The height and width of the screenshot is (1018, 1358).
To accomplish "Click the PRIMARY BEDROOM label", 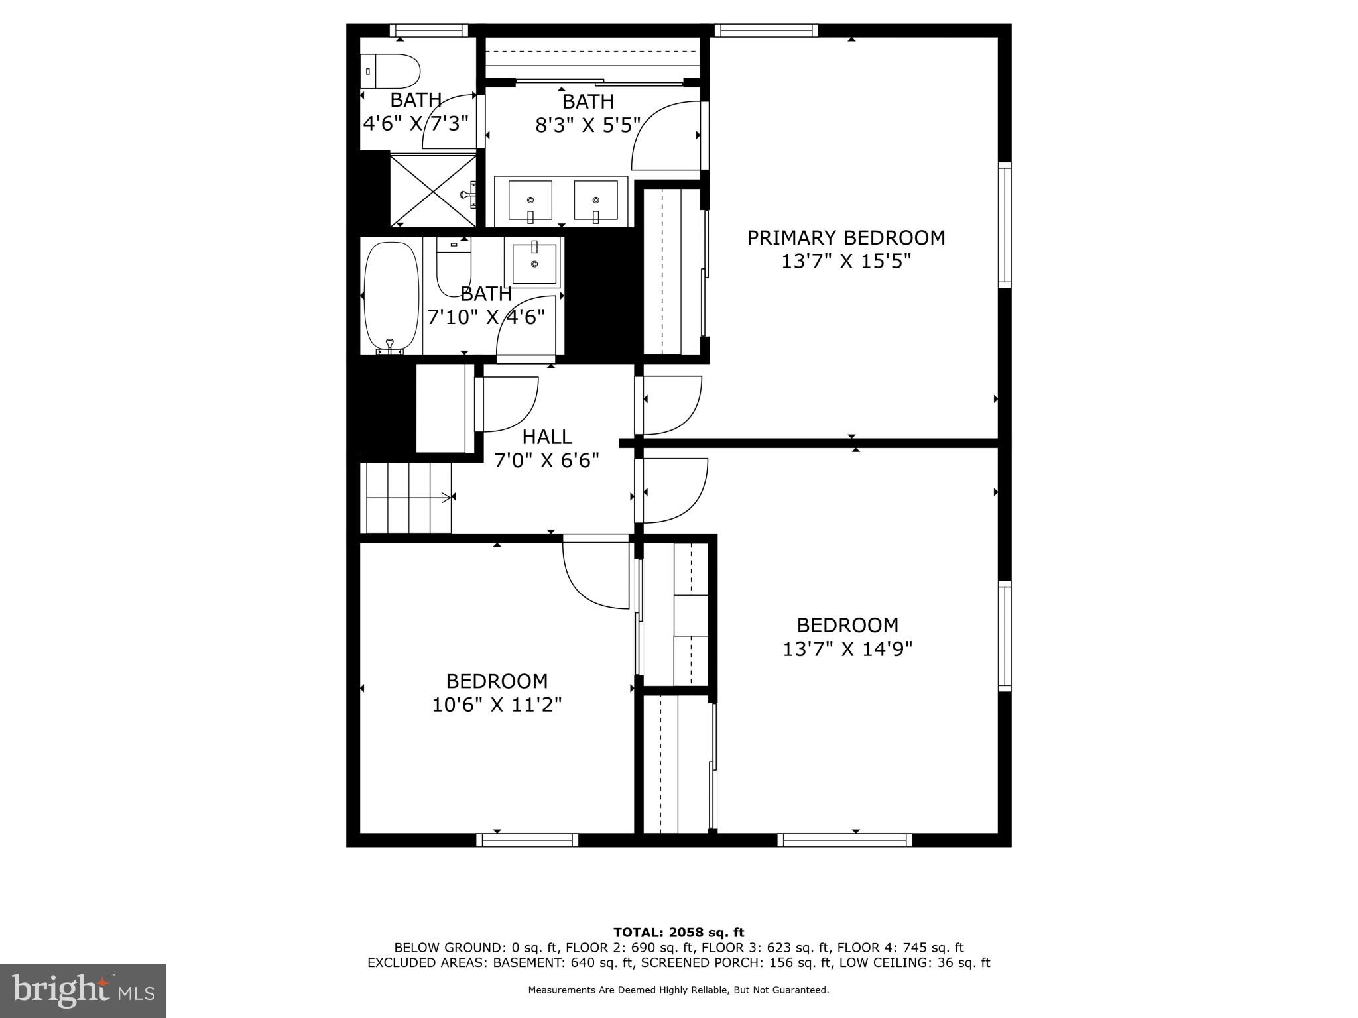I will coord(845,237).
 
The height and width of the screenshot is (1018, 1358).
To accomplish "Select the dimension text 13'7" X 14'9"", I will coord(847,648).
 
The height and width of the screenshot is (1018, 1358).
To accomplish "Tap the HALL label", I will coord(547,437).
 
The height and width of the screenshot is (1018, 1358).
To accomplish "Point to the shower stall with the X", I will coord(432,191).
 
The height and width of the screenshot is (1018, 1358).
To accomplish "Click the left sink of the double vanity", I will coord(530,200).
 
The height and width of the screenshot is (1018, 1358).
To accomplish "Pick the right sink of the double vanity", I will coord(595,200).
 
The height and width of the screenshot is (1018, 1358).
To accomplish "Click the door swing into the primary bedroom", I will coord(671,403).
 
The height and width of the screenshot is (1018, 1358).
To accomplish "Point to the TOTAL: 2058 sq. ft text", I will coord(678,933).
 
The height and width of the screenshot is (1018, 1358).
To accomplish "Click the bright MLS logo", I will coord(83,990).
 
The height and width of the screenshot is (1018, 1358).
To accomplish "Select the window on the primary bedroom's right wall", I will coord(1005,225).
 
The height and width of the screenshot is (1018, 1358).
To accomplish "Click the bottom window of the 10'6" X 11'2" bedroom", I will coord(527,840).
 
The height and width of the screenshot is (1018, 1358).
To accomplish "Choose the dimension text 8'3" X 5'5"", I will coord(588,125).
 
